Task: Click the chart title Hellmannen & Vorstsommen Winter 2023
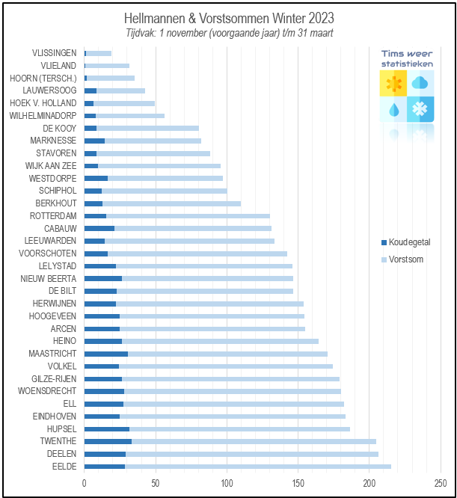(x=229, y=18)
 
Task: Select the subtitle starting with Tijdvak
(x=229, y=33)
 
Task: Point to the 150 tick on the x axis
(x=298, y=483)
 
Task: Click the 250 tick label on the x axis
(x=440, y=483)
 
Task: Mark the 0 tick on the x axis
(x=85, y=483)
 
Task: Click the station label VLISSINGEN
(x=54, y=53)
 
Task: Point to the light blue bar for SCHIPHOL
(x=164, y=191)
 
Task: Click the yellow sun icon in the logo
(x=393, y=83)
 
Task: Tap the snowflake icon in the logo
(x=421, y=109)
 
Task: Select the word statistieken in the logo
(x=407, y=64)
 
